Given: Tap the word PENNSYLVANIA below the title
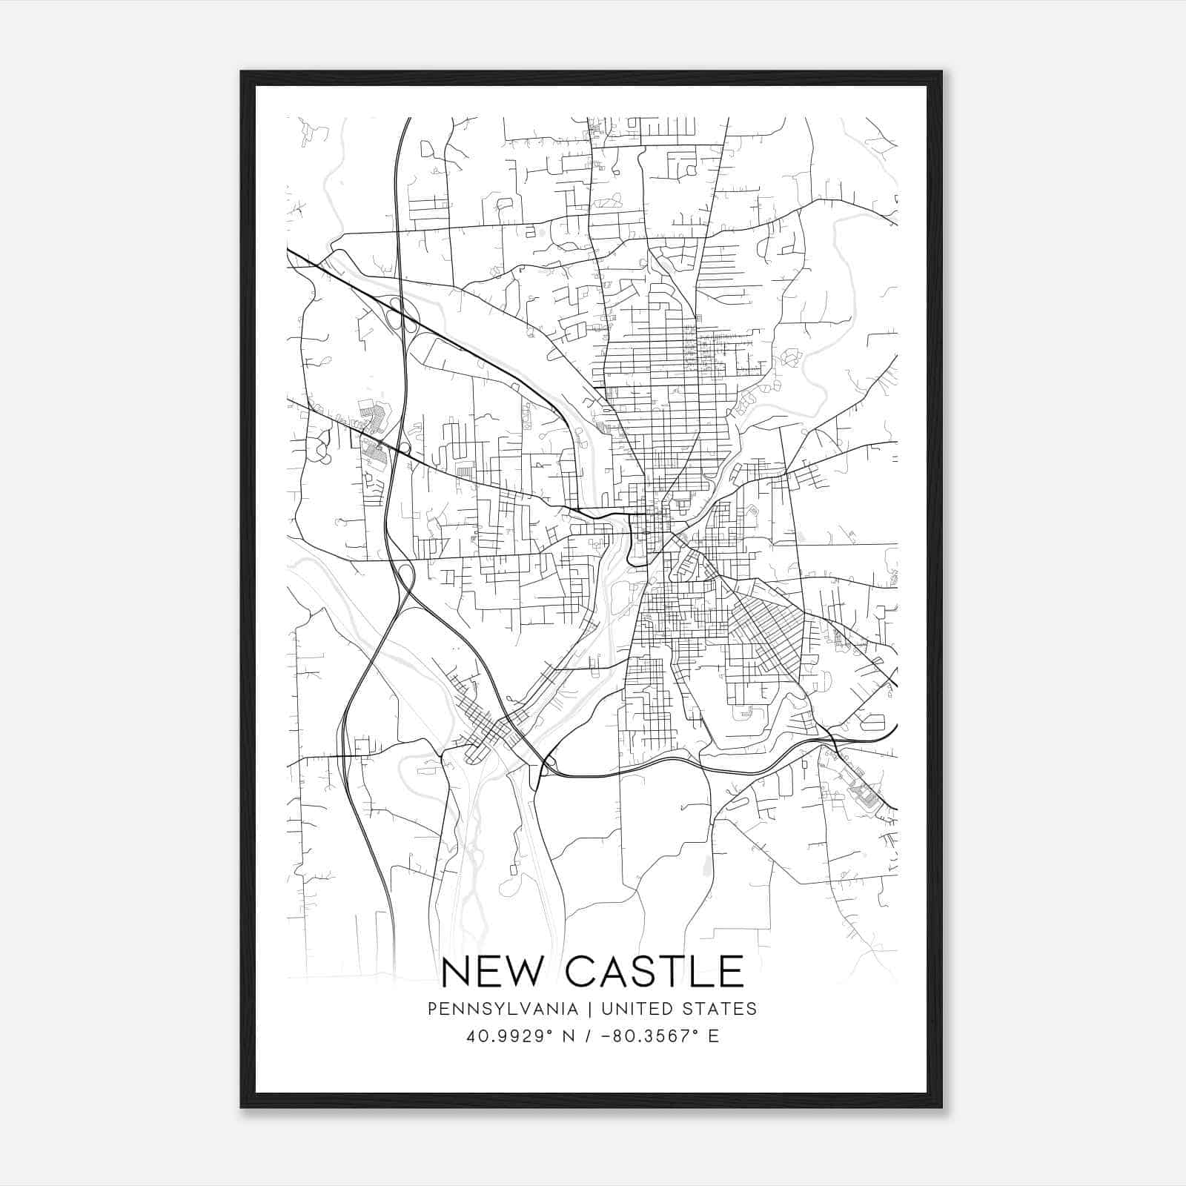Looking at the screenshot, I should [503, 1009].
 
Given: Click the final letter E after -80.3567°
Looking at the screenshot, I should [714, 1036].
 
